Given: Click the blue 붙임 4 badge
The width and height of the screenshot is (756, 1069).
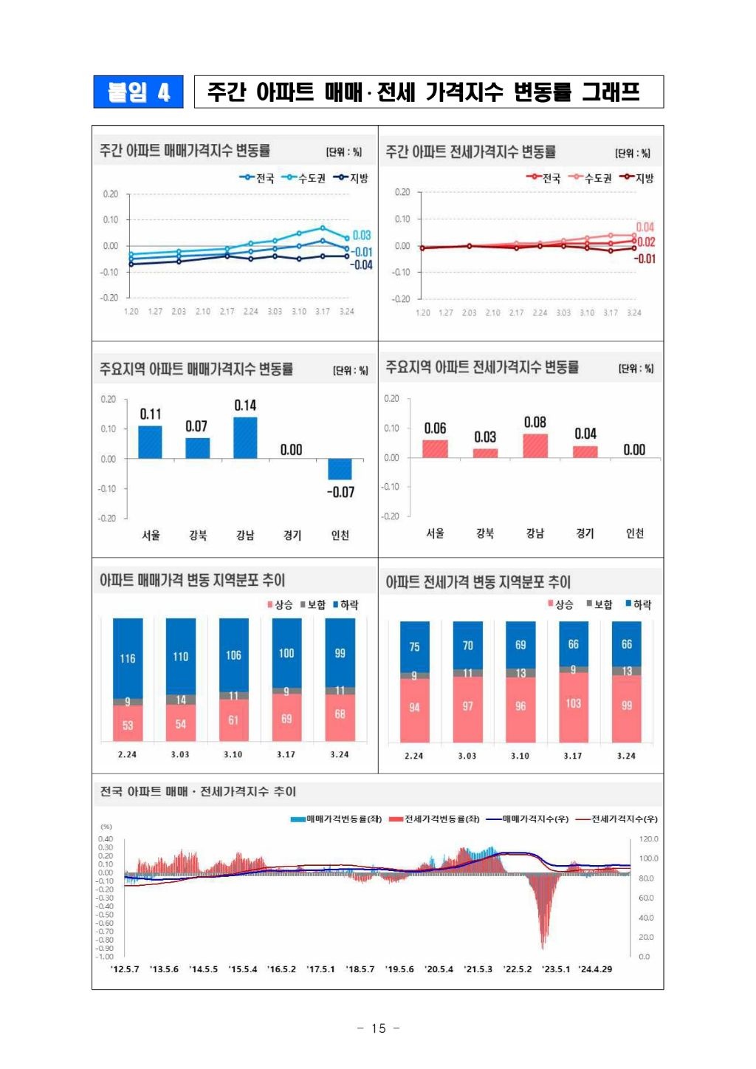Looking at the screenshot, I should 138,92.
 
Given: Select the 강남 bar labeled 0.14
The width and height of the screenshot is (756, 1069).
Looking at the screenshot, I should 245,438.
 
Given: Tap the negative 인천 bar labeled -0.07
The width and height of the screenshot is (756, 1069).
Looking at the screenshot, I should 340,469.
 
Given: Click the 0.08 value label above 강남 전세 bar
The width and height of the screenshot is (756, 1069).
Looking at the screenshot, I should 535,423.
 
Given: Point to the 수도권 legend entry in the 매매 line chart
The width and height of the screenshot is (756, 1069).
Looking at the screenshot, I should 303,178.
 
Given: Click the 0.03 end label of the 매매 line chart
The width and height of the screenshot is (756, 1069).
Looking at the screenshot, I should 362,236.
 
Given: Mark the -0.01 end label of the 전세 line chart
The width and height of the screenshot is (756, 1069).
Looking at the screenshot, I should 645,259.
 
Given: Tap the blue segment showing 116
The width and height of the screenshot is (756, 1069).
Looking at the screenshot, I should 128,658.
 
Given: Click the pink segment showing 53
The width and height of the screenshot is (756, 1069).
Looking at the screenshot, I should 128,724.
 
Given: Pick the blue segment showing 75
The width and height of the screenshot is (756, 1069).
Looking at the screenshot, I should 414,646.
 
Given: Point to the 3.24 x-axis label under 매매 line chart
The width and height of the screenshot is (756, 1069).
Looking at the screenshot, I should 347,312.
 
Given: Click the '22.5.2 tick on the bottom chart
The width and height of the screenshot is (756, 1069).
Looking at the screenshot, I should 518,969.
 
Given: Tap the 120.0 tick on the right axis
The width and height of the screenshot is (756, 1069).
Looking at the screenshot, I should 648,839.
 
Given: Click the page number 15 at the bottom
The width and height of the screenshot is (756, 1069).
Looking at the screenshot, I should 379,1028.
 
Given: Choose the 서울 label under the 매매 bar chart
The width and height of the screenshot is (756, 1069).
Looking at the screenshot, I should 151,535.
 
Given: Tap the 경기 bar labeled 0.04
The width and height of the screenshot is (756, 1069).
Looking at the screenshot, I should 585,451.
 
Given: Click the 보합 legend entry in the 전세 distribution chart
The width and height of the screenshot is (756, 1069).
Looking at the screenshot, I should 599,604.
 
